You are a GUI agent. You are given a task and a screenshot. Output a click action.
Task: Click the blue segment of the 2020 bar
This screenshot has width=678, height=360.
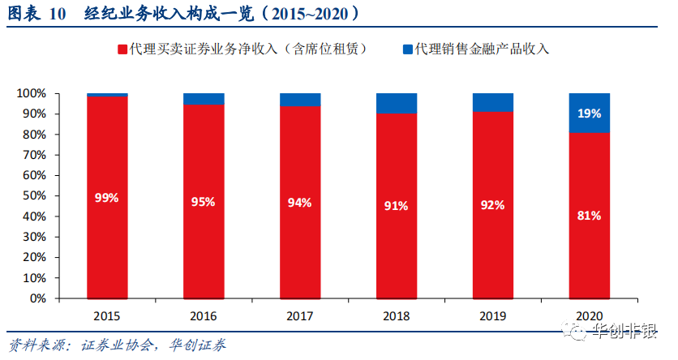(x=590, y=114)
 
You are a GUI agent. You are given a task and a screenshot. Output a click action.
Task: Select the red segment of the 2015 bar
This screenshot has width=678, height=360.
(x=107, y=198)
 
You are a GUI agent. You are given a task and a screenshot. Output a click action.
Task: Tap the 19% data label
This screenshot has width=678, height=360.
(x=590, y=114)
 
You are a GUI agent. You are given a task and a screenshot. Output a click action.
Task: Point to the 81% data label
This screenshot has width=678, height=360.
(x=590, y=216)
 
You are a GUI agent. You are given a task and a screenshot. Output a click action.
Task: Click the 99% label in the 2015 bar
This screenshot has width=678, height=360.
(x=107, y=198)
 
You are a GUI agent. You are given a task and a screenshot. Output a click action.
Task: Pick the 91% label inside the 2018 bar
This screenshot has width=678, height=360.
(x=396, y=206)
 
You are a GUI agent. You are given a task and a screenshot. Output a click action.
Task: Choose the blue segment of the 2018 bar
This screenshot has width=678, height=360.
(x=397, y=103)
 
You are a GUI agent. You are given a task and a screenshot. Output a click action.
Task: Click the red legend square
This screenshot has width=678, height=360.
(x=122, y=49)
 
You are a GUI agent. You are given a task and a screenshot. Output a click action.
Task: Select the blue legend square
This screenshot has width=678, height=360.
(x=408, y=49)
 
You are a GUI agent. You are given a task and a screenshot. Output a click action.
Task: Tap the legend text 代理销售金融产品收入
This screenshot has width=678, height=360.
(x=482, y=49)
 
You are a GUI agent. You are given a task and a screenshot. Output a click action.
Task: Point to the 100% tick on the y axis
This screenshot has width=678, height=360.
(x=31, y=93)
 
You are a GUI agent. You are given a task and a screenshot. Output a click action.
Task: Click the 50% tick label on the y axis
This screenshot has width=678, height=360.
(x=34, y=195)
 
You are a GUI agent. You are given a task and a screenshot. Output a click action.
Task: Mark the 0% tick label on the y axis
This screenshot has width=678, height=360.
(x=37, y=298)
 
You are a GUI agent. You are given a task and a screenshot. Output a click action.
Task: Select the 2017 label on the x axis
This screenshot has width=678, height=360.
(x=299, y=316)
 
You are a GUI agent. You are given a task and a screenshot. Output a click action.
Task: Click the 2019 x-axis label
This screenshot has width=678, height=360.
(x=492, y=316)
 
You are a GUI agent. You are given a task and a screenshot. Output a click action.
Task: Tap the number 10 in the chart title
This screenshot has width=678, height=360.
(x=57, y=14)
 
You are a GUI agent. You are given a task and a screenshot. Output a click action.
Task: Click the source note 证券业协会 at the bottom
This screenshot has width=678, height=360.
(x=117, y=345)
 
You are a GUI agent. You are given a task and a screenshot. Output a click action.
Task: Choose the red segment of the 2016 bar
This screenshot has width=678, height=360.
(x=204, y=202)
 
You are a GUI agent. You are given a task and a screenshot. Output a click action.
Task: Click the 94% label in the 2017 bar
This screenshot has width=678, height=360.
(x=299, y=203)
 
